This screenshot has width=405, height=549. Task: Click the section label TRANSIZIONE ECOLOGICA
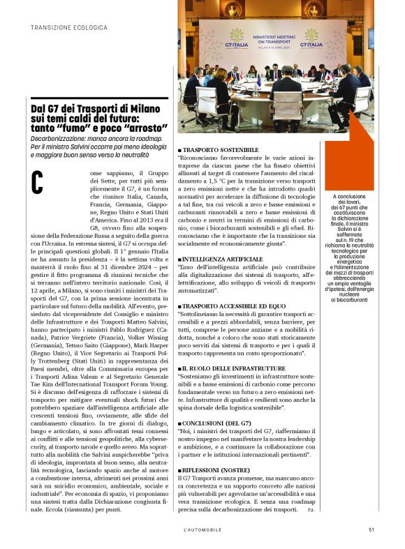coord(69,27)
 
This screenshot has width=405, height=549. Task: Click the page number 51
coord(371,529)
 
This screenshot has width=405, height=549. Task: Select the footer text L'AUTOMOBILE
coord(202,529)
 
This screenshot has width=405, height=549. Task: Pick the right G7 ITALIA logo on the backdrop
coord(311,39)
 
